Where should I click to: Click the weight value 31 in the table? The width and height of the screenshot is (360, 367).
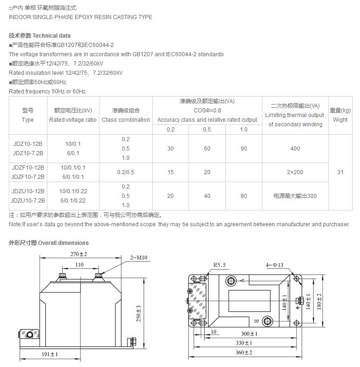click(x=340, y=172)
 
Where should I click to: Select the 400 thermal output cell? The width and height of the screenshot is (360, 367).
click(x=295, y=149)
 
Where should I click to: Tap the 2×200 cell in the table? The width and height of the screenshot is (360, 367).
click(x=295, y=172)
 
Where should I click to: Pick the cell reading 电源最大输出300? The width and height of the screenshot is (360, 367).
click(x=295, y=196)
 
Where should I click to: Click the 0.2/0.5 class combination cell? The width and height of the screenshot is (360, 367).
click(x=125, y=172)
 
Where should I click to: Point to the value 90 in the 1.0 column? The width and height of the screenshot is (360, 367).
click(x=244, y=149)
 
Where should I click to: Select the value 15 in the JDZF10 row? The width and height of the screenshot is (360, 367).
click(x=170, y=172)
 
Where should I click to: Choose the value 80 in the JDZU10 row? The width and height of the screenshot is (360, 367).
click(x=244, y=196)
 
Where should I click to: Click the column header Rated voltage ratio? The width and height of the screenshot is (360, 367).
click(x=73, y=120)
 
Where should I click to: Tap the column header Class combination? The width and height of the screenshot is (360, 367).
click(x=126, y=120)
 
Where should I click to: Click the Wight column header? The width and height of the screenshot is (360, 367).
click(x=340, y=120)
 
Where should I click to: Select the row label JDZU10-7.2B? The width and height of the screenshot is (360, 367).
click(x=28, y=201)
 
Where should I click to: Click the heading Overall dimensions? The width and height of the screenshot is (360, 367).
click(x=63, y=243)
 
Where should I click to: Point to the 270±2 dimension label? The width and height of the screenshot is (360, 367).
click(x=79, y=254)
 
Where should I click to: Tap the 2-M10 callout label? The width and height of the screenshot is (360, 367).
click(x=138, y=257)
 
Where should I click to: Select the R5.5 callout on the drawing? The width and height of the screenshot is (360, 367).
click(x=219, y=265)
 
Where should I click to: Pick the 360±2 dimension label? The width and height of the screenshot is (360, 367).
click(x=243, y=353)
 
